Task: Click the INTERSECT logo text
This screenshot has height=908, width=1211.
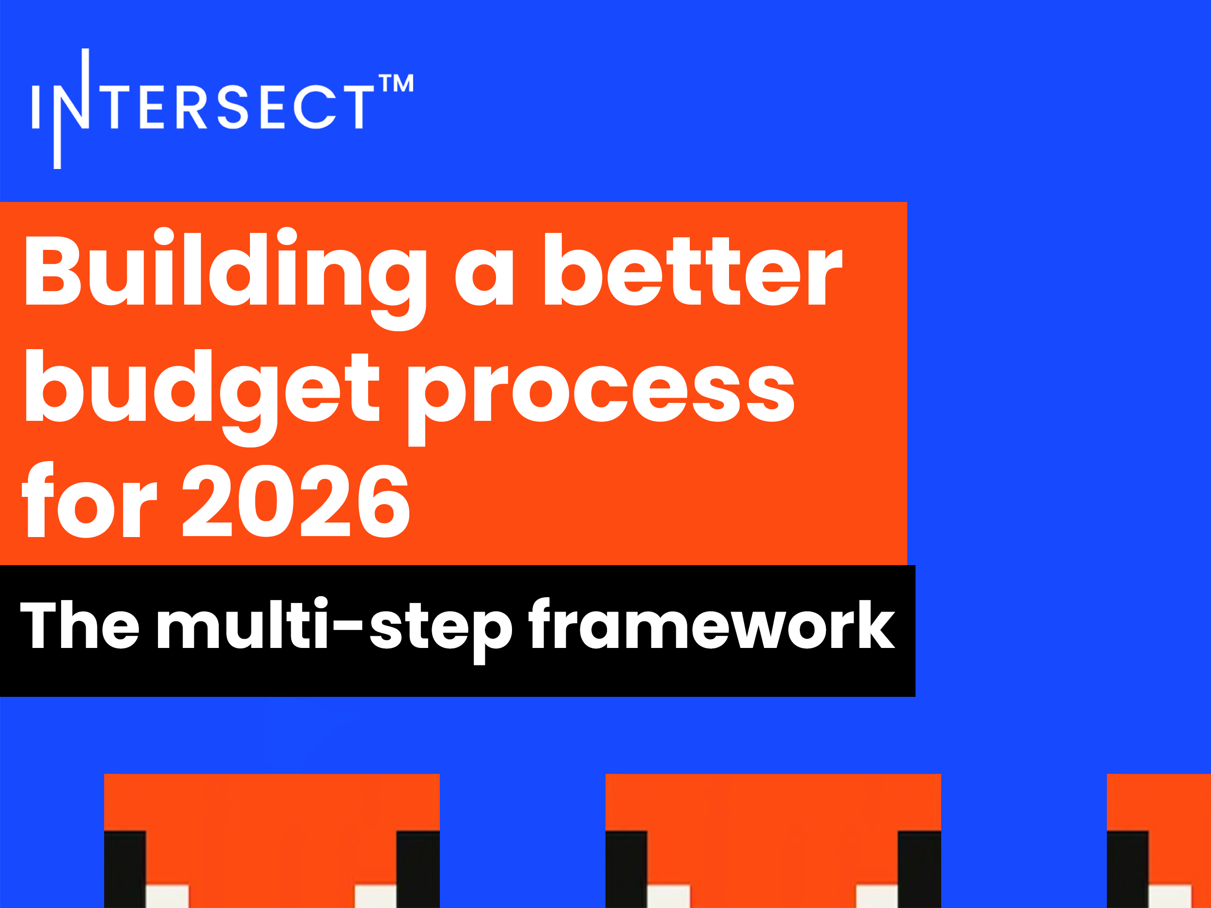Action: [202, 108]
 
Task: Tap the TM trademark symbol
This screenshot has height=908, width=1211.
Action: [396, 83]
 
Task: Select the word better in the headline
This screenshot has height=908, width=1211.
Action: [693, 269]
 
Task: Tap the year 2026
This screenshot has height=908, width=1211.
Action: [295, 501]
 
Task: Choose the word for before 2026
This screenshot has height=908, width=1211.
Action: [89, 499]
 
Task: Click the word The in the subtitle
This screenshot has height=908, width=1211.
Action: [80, 624]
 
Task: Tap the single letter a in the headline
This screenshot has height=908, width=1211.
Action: [484, 277]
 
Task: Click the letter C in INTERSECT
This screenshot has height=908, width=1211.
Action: [314, 108]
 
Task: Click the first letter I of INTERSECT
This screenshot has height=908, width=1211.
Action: [35, 108]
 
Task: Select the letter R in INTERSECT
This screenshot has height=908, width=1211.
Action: [192, 108]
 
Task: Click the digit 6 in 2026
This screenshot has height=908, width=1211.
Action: [383, 501]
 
